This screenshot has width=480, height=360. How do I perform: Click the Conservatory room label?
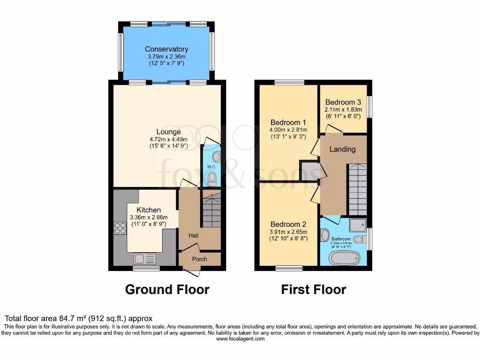click(x=166, y=49)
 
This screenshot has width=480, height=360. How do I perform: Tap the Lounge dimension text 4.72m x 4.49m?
click(x=169, y=139)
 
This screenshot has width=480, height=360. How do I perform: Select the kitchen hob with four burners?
click(x=120, y=228)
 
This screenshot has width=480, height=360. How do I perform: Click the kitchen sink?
click(x=144, y=258)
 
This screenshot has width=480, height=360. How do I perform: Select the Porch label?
click(x=200, y=259)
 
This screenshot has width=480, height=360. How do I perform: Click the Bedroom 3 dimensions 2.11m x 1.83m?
click(x=343, y=110)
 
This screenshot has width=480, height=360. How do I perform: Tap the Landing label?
click(x=343, y=149)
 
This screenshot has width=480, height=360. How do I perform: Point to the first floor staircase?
click(x=357, y=189)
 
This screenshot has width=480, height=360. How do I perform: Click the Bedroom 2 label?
click(x=288, y=224)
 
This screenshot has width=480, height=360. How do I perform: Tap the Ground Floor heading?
click(x=167, y=290)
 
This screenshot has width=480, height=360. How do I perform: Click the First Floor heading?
click(x=313, y=290)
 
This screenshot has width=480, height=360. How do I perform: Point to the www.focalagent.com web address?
click(x=240, y=338)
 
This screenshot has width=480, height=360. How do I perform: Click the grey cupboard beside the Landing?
click(x=309, y=171)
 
